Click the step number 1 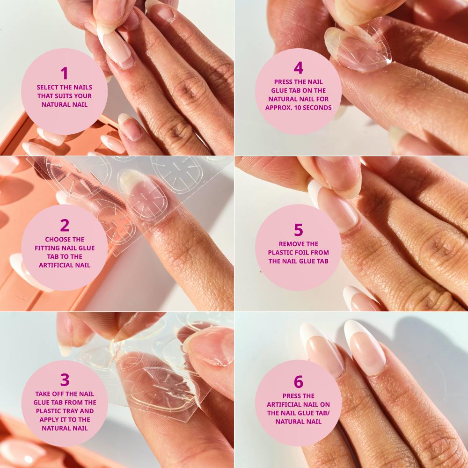click(65, 73)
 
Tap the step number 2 click(65, 225)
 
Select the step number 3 click(65, 380)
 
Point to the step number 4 click(299, 68)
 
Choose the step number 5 click(299, 230)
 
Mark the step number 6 click(299, 382)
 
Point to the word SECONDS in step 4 click(318, 108)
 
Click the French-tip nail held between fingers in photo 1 click(116, 48)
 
